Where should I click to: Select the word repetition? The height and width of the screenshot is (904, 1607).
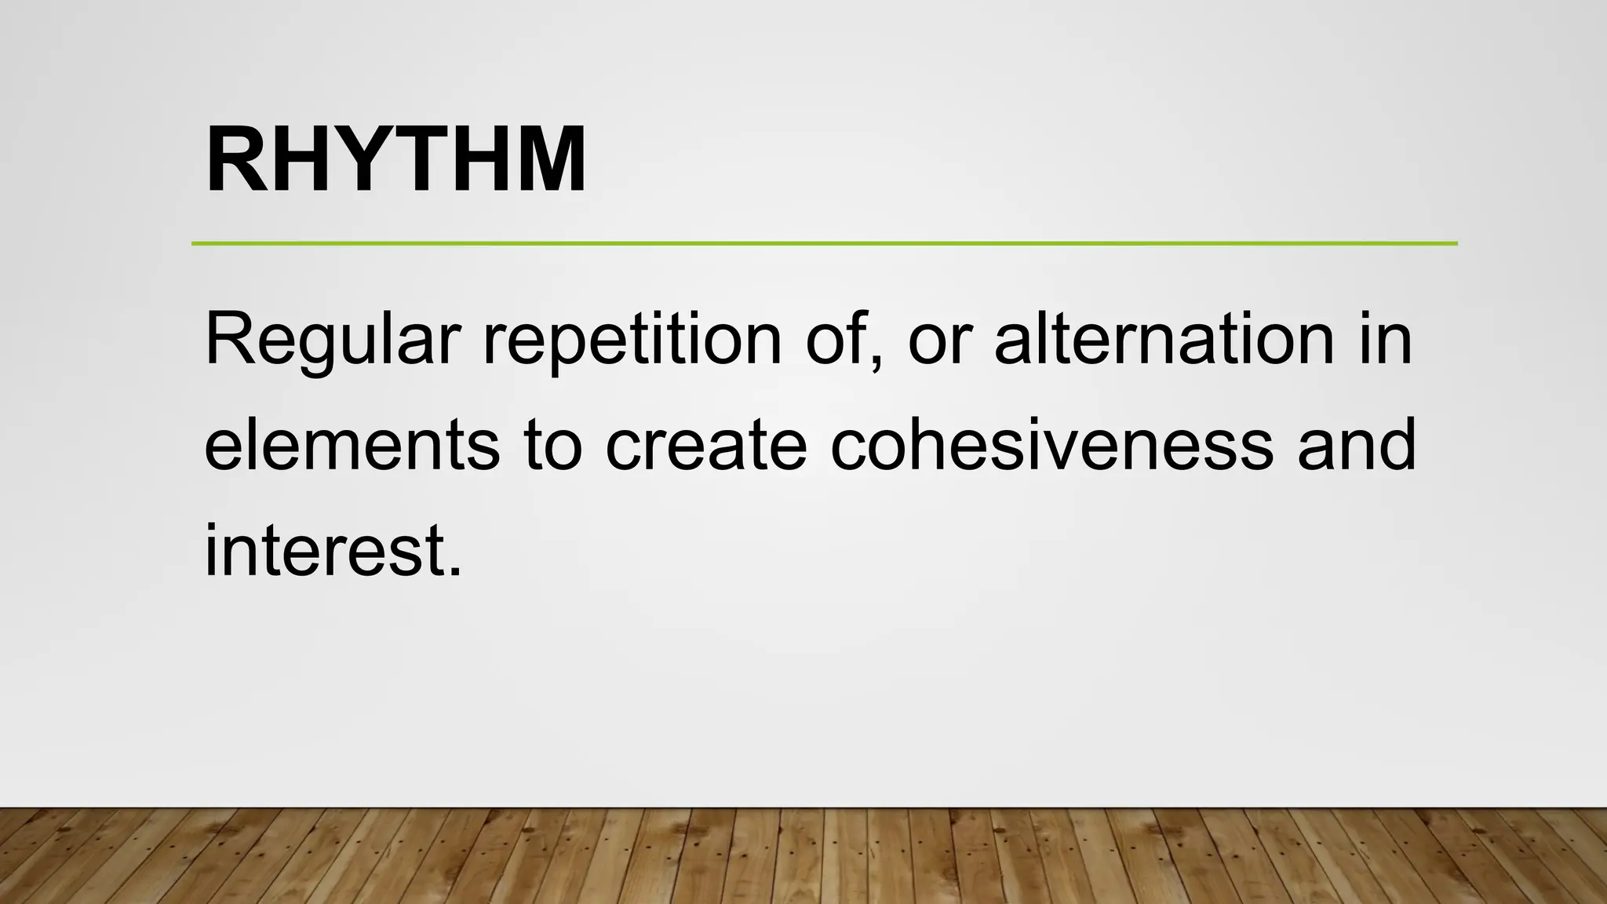(632, 339)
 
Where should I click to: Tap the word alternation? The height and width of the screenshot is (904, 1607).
(1164, 339)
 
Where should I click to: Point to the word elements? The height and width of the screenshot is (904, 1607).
(352, 445)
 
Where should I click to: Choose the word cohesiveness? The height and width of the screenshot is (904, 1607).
(1051, 445)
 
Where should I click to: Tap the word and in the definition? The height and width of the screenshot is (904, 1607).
(1357, 445)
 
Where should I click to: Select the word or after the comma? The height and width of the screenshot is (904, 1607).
(938, 339)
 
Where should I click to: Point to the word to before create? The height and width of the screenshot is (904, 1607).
(553, 445)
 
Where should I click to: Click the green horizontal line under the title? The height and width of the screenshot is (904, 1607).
(824, 243)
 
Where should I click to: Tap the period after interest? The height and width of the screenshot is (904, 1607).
(456, 572)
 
